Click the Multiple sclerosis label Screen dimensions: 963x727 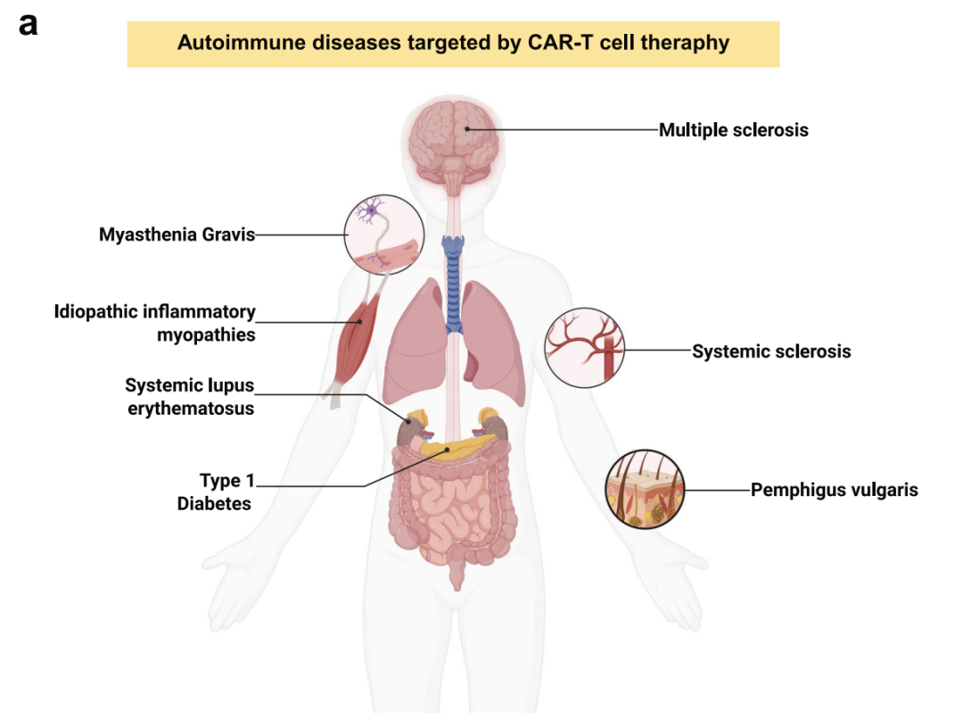click(x=733, y=130)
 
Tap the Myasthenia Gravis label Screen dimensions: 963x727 click(x=177, y=235)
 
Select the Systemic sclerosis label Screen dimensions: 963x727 click(x=771, y=351)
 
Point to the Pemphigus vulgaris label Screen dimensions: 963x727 click(x=834, y=490)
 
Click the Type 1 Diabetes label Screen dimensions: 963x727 click(x=215, y=492)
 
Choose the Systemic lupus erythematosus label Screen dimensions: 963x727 click(x=190, y=397)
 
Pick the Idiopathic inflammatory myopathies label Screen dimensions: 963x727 click(x=155, y=323)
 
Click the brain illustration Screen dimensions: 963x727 click(x=454, y=145)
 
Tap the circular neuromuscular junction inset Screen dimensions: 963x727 click(x=384, y=235)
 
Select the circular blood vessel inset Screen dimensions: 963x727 click(x=585, y=348)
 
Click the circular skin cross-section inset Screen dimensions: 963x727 click(x=645, y=489)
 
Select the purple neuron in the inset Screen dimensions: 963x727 click(x=370, y=211)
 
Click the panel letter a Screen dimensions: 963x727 click(x=29, y=25)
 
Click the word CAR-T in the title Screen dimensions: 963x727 click(x=561, y=43)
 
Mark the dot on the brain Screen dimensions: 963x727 click(x=466, y=129)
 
